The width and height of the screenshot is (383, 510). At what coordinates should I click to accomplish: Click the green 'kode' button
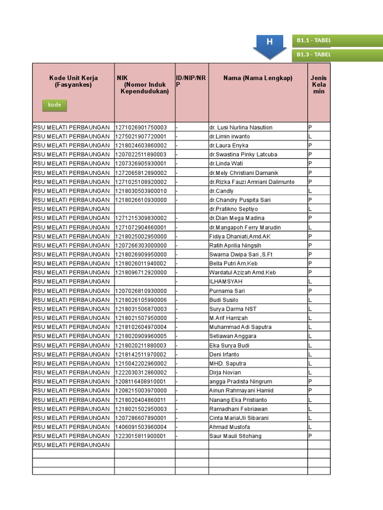click(54, 105)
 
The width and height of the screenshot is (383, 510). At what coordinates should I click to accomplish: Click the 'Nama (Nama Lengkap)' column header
click(258, 78)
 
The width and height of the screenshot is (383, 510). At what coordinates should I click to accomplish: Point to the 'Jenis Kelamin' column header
click(319, 85)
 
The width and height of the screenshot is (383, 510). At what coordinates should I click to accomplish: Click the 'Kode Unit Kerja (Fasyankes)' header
click(73, 82)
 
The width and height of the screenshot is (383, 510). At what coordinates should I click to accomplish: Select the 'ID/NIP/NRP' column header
click(191, 82)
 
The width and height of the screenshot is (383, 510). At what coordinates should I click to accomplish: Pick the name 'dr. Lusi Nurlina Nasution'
click(241, 127)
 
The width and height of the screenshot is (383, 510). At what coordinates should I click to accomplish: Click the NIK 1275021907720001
click(141, 136)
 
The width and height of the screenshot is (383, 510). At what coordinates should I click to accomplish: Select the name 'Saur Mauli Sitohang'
click(235, 436)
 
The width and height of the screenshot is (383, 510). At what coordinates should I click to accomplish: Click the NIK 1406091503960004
click(141, 427)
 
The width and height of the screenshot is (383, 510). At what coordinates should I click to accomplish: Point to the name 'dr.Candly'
click(221, 191)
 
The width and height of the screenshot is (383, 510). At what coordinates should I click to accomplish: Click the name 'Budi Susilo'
click(224, 300)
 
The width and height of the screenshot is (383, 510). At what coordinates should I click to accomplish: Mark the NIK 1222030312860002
click(141, 373)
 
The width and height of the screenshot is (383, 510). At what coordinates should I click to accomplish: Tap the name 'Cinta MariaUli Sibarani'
click(239, 418)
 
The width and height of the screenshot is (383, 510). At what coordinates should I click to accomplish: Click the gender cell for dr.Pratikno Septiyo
click(319, 209)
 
